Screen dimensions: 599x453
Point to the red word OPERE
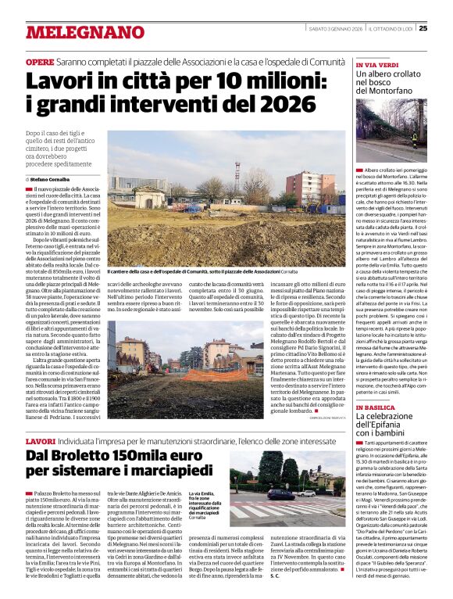pyautogui.click(x=40, y=61)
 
